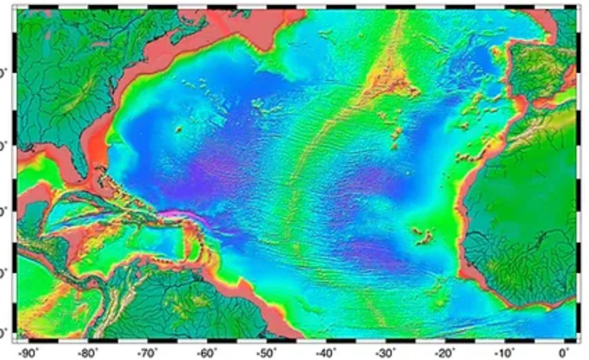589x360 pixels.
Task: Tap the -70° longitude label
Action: point(147,352)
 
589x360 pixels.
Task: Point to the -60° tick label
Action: point(207,352)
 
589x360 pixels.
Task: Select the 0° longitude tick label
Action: point(564,352)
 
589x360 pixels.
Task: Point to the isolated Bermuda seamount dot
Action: point(179,129)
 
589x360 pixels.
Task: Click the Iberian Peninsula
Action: point(538,69)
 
